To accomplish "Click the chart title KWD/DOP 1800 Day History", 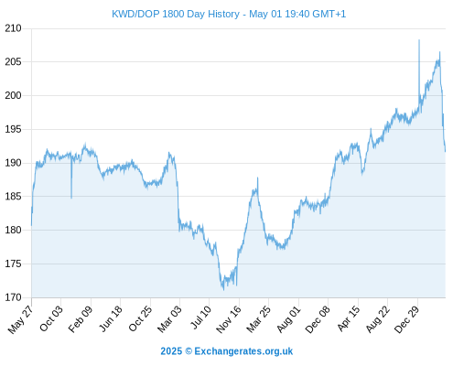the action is click(x=176, y=14).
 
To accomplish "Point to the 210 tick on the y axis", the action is click(x=13, y=28).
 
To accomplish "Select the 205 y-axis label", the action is click(x=13, y=62).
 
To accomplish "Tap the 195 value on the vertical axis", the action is click(x=13, y=129).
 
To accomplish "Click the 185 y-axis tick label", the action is click(x=13, y=197).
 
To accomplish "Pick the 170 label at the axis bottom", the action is click(x=13, y=297).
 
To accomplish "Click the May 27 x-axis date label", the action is click(x=20, y=319).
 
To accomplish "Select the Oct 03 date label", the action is click(x=51, y=318).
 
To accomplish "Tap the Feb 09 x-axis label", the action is click(x=81, y=319).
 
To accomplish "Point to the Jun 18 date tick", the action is click(x=111, y=318).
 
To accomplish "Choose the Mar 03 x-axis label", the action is click(x=169, y=318).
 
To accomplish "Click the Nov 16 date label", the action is click(x=229, y=319).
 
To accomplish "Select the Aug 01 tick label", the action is click(x=288, y=319).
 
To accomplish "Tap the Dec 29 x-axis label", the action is click(x=407, y=319).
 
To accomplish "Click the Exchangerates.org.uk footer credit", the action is click(x=243, y=351).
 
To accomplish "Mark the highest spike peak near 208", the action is click(x=419, y=40).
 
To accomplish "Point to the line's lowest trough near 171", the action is click(x=223, y=290).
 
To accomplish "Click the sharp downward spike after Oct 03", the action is click(x=71, y=198).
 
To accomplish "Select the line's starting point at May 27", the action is click(x=31, y=226).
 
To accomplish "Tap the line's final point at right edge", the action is click(x=446, y=151).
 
